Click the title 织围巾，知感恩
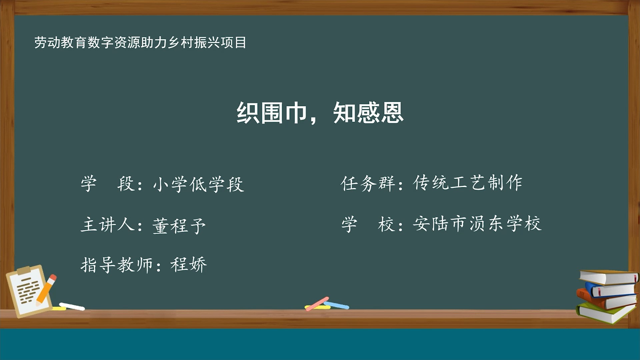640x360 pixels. point(320,113)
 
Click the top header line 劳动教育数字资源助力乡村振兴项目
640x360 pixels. point(140,43)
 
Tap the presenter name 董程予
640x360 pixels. point(179,226)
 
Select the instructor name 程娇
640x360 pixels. point(189,265)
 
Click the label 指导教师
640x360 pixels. point(117,265)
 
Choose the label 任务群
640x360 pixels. point(368,183)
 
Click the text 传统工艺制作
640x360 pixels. point(468,183)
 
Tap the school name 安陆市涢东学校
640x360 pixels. point(477,224)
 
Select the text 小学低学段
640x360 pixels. point(199,184)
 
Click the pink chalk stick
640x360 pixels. point(317,304)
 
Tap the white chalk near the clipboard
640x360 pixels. point(72,306)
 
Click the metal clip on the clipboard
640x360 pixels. point(23,270)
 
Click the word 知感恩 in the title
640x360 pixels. point(368,113)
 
